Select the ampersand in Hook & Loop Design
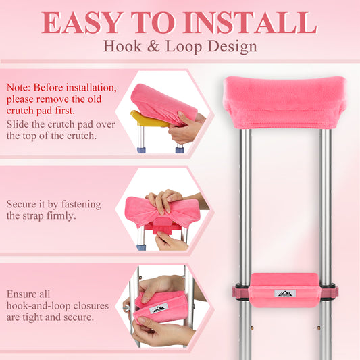click(153, 46)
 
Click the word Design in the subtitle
click(232, 47)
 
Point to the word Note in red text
click(18, 88)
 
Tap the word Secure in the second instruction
click(22, 204)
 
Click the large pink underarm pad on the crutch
click(284, 103)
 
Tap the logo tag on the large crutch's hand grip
click(285, 293)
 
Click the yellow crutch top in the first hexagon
click(149, 119)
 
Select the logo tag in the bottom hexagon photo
click(159, 309)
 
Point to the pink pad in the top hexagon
click(163, 105)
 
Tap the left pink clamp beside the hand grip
click(240, 292)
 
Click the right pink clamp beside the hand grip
click(329, 292)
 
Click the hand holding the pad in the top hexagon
click(184, 128)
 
